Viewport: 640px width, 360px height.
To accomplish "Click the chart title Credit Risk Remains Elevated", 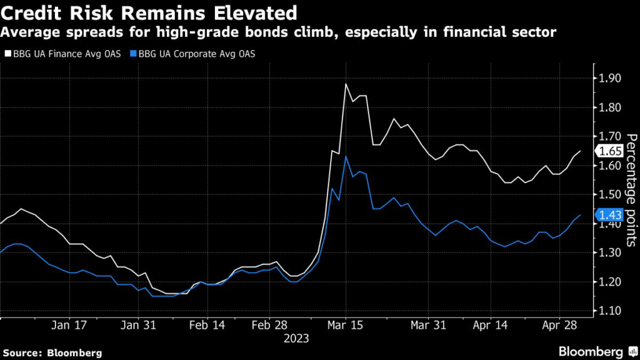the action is (149, 13).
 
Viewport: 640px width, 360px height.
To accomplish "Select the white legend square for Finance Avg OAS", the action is (8, 54).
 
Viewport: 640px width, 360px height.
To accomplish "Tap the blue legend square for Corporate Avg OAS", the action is (134, 54).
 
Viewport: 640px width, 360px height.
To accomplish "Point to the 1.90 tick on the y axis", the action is (609, 78).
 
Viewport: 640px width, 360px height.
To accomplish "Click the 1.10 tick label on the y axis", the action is (609, 311).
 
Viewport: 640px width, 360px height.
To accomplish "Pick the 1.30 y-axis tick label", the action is (609, 252).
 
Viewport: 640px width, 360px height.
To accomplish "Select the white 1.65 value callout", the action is (609, 151).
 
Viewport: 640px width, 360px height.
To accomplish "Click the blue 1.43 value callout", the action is (609, 215).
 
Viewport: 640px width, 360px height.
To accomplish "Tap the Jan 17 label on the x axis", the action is (69, 325).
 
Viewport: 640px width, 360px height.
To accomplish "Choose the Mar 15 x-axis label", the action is (345, 325).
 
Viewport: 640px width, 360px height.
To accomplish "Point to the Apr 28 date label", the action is (559, 325).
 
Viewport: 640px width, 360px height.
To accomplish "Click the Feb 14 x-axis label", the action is (207, 325).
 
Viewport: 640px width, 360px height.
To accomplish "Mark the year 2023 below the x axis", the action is (296, 339).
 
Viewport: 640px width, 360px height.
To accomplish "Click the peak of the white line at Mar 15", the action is (346, 84).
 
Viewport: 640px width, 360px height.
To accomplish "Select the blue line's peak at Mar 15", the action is (346, 156).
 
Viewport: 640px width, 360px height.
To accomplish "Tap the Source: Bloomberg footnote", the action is (52, 353).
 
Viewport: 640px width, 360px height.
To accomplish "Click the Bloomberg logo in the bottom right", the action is (598, 352).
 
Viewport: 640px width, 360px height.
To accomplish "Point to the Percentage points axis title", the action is (631, 190).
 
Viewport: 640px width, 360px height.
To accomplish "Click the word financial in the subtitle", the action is (481, 32).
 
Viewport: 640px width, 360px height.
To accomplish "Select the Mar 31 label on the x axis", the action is (428, 325).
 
